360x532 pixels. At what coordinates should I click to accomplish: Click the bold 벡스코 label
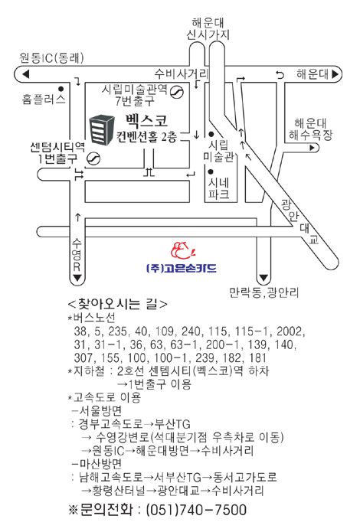point(146,121)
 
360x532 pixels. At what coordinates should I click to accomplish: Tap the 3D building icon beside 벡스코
point(102,130)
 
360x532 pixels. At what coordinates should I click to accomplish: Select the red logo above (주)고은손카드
point(183,250)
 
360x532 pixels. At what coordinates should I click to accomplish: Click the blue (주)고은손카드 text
point(181,268)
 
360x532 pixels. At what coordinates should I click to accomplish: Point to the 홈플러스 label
point(44,99)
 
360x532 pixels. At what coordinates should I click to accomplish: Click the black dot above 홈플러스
point(61,89)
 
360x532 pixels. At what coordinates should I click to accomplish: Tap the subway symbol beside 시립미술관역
point(177,92)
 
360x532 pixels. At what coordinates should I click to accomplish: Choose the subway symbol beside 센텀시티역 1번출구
point(93,158)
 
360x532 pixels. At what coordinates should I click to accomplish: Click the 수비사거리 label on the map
point(181,73)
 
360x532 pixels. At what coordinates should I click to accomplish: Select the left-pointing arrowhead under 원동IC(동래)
point(25,74)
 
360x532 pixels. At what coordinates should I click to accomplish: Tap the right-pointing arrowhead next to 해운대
point(335,73)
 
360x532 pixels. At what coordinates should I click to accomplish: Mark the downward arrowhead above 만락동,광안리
point(263,279)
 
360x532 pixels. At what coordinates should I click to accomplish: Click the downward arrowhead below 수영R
point(77,278)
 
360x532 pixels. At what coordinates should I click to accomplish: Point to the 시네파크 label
point(219,188)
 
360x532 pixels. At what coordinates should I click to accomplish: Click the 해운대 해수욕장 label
point(311,129)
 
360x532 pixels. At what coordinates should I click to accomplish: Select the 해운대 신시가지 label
point(208,29)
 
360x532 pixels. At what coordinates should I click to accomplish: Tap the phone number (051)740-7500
point(196,510)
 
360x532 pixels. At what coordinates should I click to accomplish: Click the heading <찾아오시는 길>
point(118,304)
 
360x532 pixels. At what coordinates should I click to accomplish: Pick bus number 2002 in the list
point(290,331)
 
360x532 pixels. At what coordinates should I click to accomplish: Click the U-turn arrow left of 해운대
point(280,74)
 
